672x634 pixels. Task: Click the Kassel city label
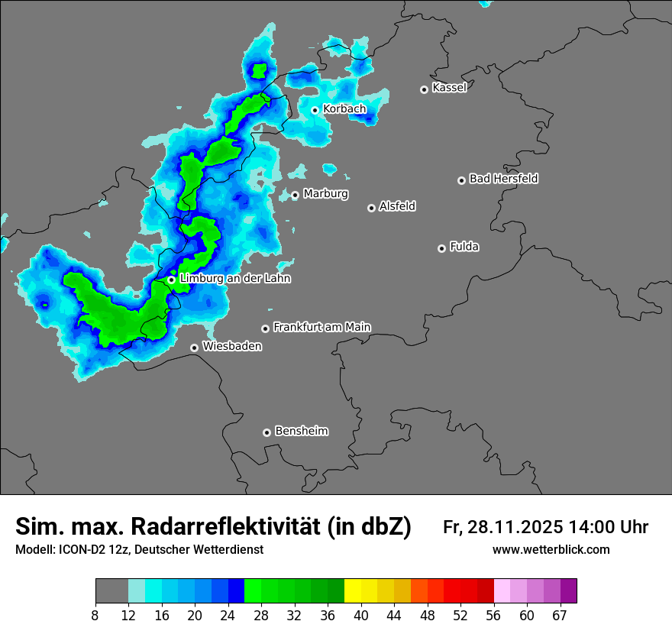pos(449,88)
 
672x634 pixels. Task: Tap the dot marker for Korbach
pos(315,110)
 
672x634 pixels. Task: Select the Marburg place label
pos(325,194)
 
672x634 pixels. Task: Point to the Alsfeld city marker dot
pos(371,208)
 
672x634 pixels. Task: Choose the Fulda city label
pos(464,247)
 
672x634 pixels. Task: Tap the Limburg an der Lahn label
pos(234,279)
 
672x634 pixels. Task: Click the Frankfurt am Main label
pos(321,327)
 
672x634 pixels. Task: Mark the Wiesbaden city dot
pos(195,348)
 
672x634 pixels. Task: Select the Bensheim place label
pos(301,431)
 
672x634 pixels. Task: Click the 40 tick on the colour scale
pos(361,615)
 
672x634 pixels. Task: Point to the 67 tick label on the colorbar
pos(561,615)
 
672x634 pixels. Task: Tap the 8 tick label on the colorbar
pos(95,615)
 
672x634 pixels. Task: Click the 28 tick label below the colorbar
pos(262,615)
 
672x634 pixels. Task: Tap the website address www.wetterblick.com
pos(551,550)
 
